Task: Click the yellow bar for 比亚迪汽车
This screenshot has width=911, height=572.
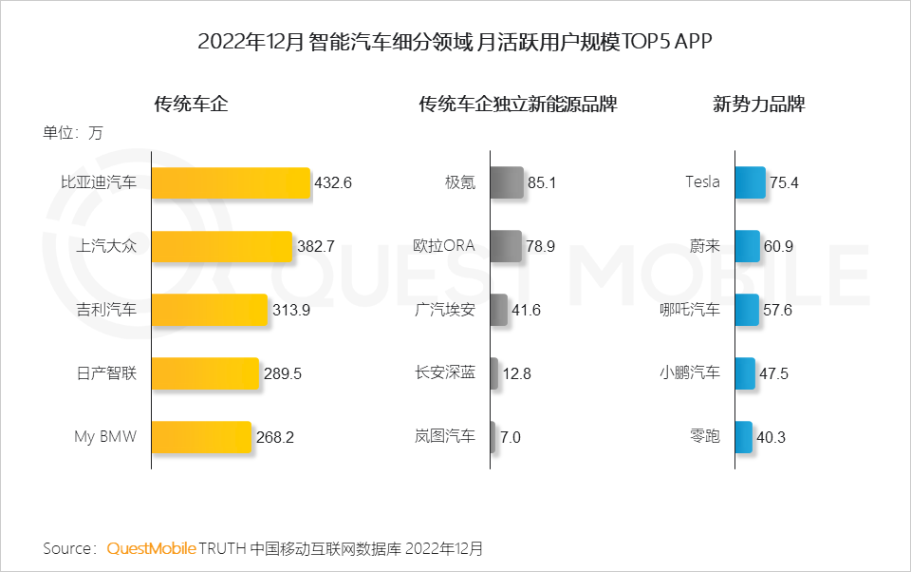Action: (231, 183)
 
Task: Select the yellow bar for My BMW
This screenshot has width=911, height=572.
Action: (201, 437)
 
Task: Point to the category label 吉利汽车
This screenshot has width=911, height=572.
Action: (106, 310)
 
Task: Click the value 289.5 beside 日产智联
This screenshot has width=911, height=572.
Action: (282, 373)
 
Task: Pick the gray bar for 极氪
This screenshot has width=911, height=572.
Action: (507, 183)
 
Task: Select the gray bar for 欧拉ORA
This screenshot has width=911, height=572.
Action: (506, 246)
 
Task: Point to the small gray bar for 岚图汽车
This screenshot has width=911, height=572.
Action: (493, 437)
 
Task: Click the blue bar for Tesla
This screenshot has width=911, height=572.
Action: (750, 183)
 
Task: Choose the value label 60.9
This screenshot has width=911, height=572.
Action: (778, 246)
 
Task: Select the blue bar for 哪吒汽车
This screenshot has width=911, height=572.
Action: (747, 310)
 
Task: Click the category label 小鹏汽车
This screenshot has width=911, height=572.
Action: (690, 373)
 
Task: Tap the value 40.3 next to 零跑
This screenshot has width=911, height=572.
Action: (772, 437)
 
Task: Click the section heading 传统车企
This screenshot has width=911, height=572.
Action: (191, 104)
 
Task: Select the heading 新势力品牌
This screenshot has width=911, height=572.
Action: (759, 104)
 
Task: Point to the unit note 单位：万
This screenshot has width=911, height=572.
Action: (72, 133)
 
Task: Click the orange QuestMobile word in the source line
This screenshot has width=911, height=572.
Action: (152, 548)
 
